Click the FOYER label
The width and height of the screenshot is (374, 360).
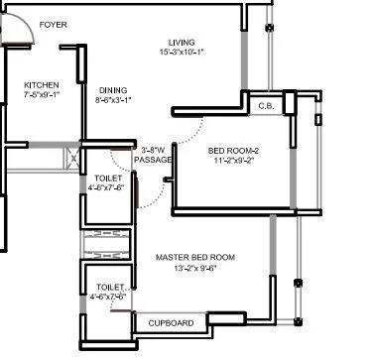(x=54, y=24)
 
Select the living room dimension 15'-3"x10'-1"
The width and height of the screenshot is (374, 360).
(x=181, y=52)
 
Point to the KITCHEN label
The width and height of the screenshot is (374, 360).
(x=41, y=86)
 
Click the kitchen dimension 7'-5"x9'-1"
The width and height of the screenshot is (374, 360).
(x=43, y=97)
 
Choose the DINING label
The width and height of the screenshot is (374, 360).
(x=111, y=89)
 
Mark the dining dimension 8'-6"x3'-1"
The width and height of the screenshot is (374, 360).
(x=112, y=100)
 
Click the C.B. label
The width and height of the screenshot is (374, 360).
(x=265, y=105)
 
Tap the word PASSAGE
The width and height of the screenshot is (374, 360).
(x=154, y=159)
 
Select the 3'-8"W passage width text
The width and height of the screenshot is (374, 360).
(x=154, y=149)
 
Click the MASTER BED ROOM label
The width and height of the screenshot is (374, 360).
(x=194, y=258)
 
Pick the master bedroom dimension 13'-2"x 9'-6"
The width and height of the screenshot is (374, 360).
(x=194, y=269)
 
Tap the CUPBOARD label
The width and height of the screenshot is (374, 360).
(x=171, y=323)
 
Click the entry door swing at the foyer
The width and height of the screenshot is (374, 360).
(x=20, y=35)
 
